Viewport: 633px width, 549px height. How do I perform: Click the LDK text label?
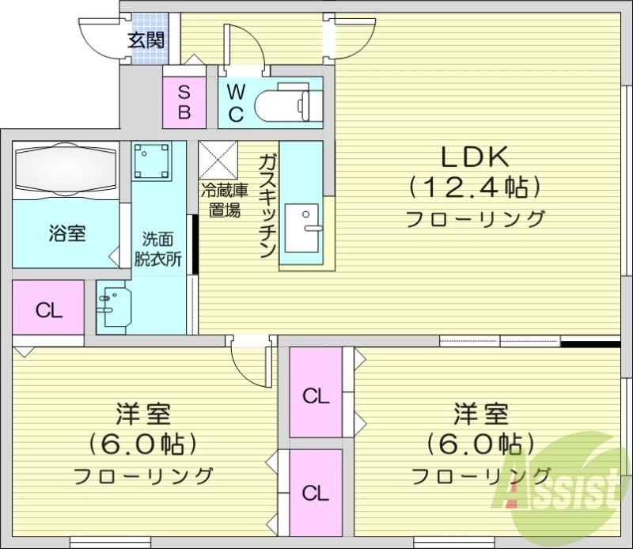(x=474, y=157)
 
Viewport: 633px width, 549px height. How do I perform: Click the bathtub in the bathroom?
(x=66, y=168)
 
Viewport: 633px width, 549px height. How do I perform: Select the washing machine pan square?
(x=153, y=161)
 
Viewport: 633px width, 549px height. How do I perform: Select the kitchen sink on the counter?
(x=302, y=225)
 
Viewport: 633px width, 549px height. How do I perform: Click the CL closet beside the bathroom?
(x=49, y=309)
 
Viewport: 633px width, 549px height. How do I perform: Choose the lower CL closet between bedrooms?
(x=316, y=493)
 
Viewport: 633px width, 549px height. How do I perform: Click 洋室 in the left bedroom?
(x=143, y=415)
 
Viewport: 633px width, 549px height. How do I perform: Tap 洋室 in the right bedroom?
(x=480, y=414)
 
